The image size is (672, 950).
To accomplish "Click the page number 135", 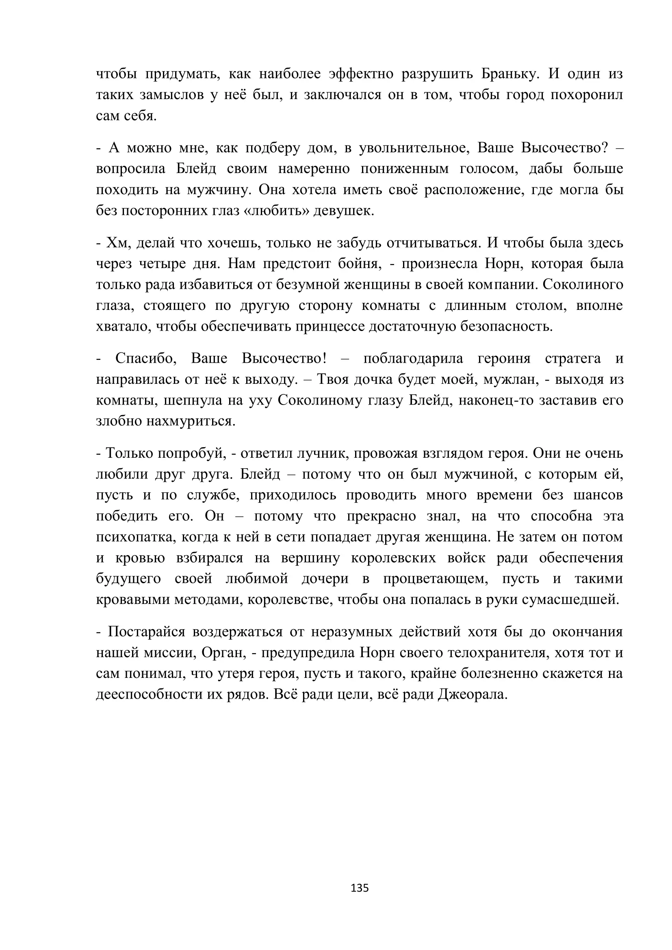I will click(359, 888).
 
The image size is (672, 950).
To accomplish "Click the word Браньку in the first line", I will click(511, 74).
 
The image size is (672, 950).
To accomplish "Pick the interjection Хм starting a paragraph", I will click(118, 243).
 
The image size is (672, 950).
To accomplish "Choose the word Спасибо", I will click(146, 358).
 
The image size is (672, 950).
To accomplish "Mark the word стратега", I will click(573, 358).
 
